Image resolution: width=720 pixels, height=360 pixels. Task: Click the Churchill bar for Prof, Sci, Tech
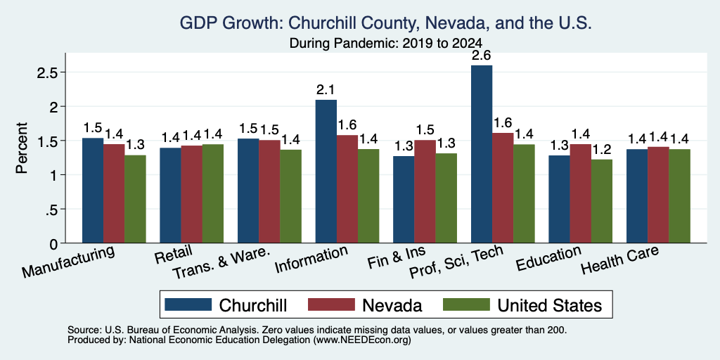point(482,154)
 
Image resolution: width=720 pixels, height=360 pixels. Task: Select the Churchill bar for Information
point(326,172)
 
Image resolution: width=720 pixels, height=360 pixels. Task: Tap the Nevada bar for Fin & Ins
point(425,191)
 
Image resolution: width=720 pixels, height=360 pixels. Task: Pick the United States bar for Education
point(602,201)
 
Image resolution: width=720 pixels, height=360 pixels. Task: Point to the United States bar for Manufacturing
point(135,199)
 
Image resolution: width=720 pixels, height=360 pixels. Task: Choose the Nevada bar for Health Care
point(658,195)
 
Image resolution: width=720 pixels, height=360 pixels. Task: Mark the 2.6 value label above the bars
point(481,56)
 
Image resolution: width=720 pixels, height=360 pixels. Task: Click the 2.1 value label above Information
point(326,90)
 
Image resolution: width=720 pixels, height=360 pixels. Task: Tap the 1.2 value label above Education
point(602,150)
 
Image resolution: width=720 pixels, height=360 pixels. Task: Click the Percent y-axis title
point(22,148)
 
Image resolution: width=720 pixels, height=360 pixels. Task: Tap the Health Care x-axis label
point(620,260)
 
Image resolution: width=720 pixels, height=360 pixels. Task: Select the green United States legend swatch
point(467,304)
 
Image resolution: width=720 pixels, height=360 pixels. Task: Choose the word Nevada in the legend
point(392,305)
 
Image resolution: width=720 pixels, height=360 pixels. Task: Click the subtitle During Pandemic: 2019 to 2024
point(386,43)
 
